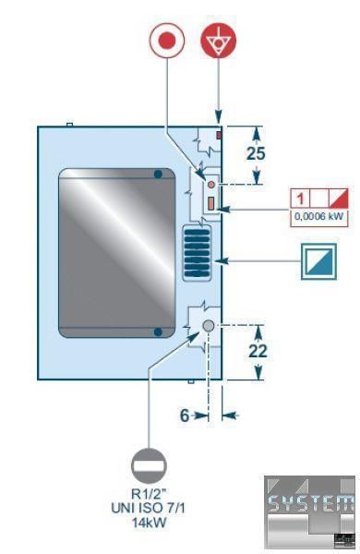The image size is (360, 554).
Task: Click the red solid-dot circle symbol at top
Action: pyautogui.click(x=167, y=41)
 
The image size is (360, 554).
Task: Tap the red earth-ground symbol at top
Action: pyautogui.click(x=219, y=41)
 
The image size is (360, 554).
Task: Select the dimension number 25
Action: pyautogui.click(x=256, y=153)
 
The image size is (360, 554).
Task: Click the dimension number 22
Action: pyautogui.click(x=258, y=351)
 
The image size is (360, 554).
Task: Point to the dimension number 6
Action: pyautogui.click(x=185, y=415)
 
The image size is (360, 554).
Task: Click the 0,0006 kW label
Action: pyautogui.click(x=318, y=216)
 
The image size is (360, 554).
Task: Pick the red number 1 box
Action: pyautogui.click(x=300, y=199)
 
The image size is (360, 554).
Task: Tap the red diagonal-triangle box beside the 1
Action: pyautogui.click(x=339, y=199)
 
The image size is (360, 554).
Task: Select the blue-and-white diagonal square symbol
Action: pyautogui.click(x=318, y=261)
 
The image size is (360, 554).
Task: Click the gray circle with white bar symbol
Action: pyautogui.click(x=149, y=466)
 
